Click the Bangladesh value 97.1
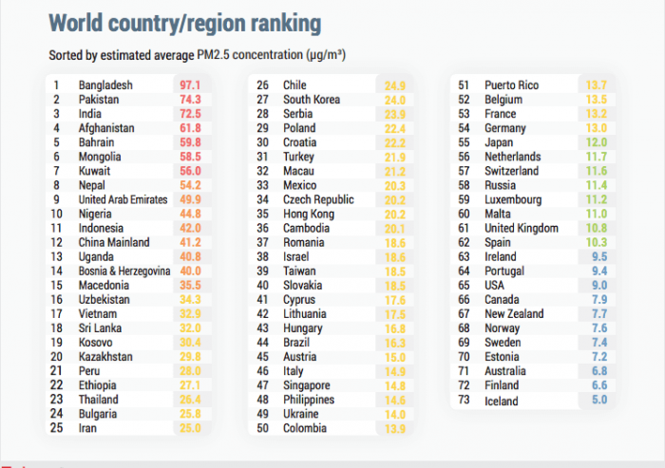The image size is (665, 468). pyautogui.click(x=189, y=85)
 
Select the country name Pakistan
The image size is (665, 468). pyautogui.click(x=102, y=100)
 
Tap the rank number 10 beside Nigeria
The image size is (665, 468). pyautogui.click(x=57, y=214)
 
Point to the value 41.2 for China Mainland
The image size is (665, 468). pyautogui.click(x=189, y=242)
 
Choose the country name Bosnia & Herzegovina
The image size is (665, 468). pyautogui.click(x=124, y=271)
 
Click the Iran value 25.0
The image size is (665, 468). pyautogui.click(x=189, y=428)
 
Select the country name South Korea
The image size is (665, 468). pyautogui.click(x=313, y=100)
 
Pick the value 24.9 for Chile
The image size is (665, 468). pyautogui.click(x=395, y=85)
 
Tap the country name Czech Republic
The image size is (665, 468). pyautogui.click(x=318, y=199)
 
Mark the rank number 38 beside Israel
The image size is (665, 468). pyautogui.click(x=262, y=257)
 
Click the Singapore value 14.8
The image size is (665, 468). pyautogui.click(x=395, y=385)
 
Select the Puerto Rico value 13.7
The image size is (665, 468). pyautogui.click(x=597, y=85)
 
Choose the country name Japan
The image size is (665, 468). pyautogui.click(x=499, y=142)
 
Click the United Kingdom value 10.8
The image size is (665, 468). pyautogui.click(x=597, y=228)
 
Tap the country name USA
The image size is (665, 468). pyautogui.click(x=496, y=285)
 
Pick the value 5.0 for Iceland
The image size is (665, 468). pyautogui.click(x=597, y=401)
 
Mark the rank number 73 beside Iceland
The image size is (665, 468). pyautogui.click(x=465, y=401)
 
